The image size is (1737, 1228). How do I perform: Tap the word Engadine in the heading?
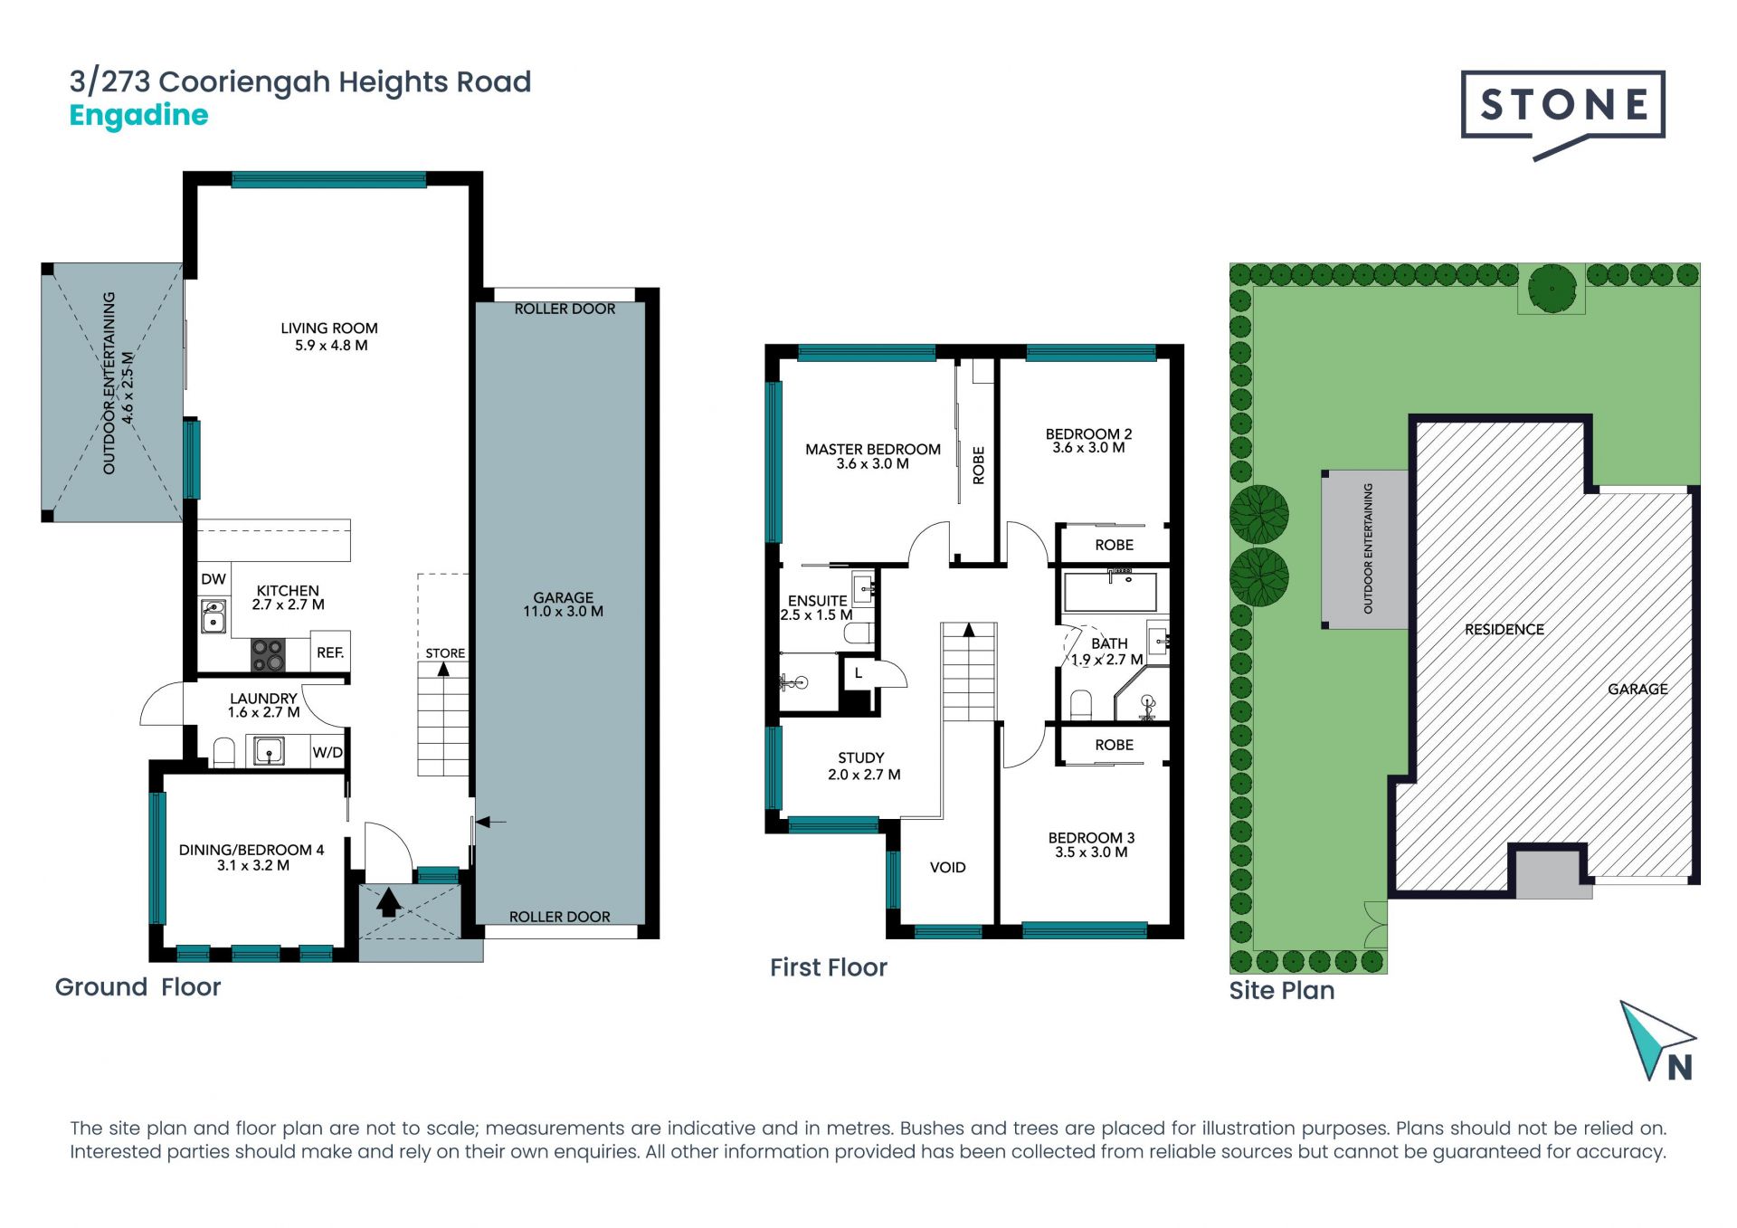pyautogui.click(x=138, y=116)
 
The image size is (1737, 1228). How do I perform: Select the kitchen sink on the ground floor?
pyautogui.click(x=214, y=616)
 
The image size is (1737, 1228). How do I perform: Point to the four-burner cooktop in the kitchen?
pyautogui.click(x=268, y=655)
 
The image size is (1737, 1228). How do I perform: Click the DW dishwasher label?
pyautogui.click(x=214, y=579)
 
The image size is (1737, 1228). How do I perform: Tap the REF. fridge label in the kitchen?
pyautogui.click(x=330, y=652)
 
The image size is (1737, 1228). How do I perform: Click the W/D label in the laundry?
pyautogui.click(x=327, y=752)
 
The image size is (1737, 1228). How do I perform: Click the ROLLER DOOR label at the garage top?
pyautogui.click(x=565, y=309)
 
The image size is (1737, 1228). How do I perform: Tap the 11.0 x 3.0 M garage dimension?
pyautogui.click(x=563, y=612)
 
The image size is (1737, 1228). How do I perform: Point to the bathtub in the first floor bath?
pyautogui.click(x=1111, y=592)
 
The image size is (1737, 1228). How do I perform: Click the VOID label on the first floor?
pyautogui.click(x=948, y=868)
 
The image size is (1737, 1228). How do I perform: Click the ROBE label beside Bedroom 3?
pyautogui.click(x=1114, y=745)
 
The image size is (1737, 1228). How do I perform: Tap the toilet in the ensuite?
pyautogui.click(x=859, y=633)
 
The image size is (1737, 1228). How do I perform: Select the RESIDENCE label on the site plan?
pyautogui.click(x=1504, y=630)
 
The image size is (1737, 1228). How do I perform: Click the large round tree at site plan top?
pyautogui.click(x=1552, y=289)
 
